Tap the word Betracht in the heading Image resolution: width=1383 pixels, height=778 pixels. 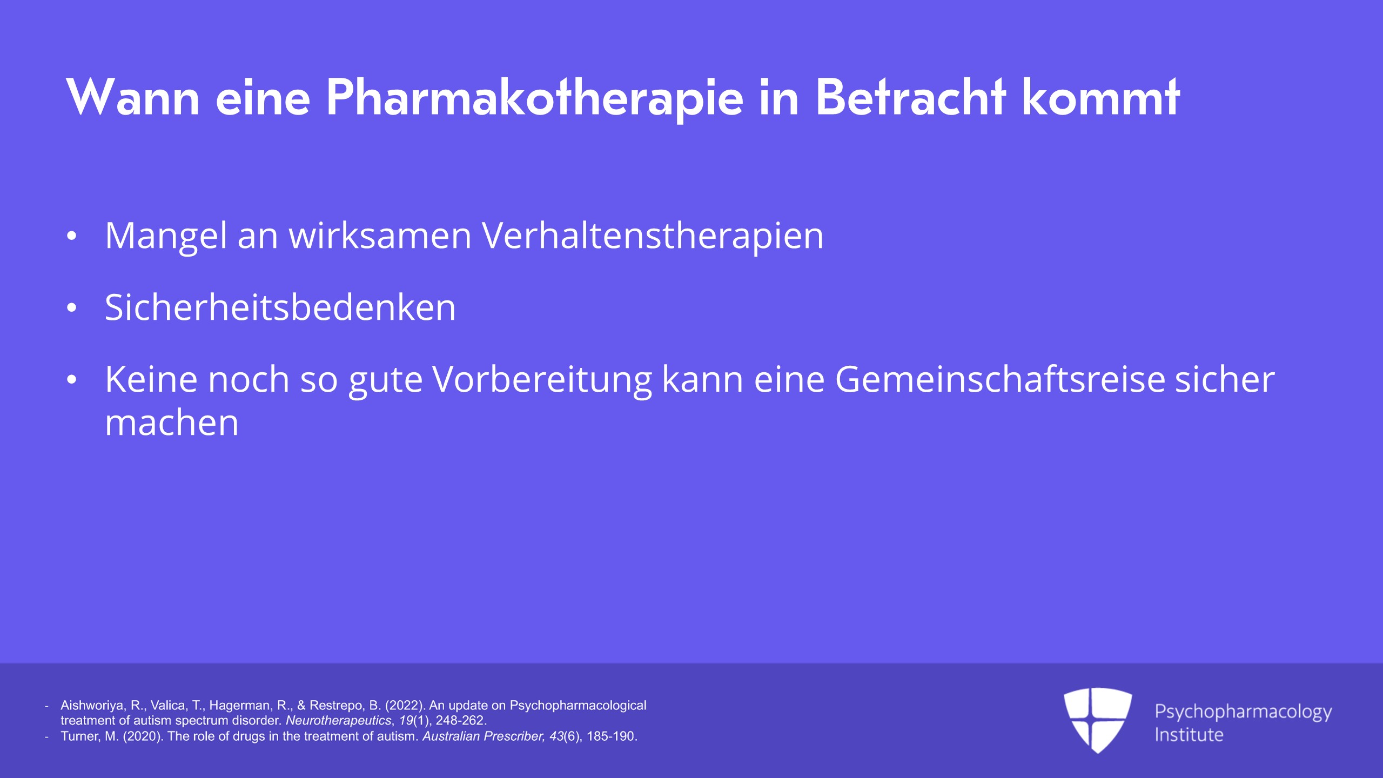[910, 97]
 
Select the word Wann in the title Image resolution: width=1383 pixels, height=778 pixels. [133, 97]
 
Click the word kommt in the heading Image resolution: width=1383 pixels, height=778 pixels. [1100, 97]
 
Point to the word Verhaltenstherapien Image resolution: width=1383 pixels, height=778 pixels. [653, 236]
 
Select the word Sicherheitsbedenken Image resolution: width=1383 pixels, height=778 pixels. [280, 307]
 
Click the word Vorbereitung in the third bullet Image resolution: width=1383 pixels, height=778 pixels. [542, 380]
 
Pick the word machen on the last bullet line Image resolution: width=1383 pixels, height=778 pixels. [172, 422]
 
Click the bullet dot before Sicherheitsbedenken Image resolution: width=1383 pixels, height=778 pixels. [72, 308]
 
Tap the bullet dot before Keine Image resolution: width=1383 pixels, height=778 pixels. [72, 380]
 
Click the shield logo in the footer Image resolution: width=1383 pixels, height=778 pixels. [1098, 720]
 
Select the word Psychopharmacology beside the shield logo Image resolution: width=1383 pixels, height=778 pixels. [1243, 712]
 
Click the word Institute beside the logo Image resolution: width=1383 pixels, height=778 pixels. [1189, 735]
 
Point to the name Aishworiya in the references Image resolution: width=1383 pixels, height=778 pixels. [93, 706]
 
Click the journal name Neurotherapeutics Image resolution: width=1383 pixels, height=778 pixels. [339, 721]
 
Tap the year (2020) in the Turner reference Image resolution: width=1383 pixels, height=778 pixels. [143, 736]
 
